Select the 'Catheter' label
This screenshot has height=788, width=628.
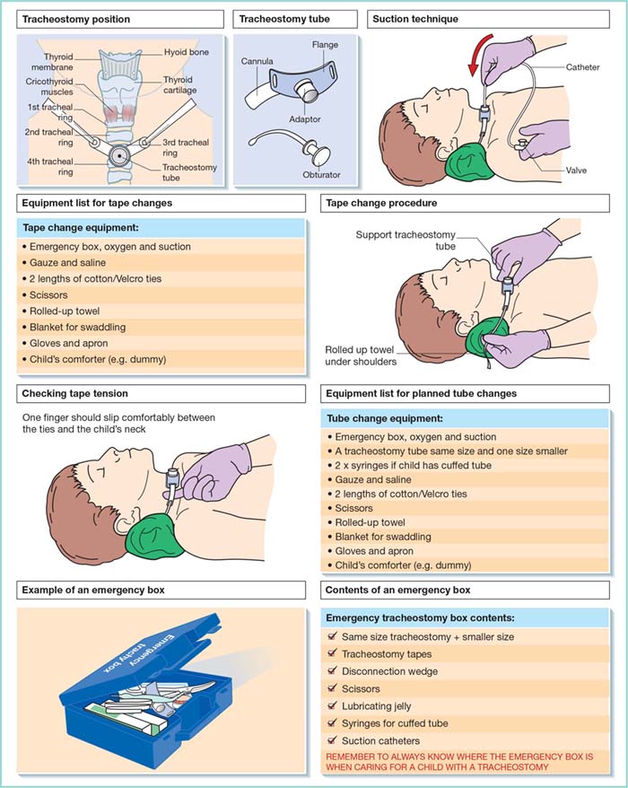point(583,67)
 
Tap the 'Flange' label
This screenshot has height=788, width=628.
point(326,45)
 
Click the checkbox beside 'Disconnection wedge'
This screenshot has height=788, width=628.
point(333,671)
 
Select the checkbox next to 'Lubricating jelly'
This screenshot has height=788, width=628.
point(333,706)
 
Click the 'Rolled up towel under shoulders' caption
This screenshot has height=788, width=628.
point(368,355)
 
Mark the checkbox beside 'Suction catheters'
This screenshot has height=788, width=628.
point(333,741)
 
